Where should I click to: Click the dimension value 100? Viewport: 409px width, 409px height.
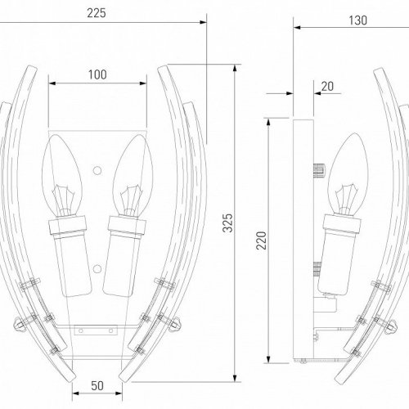coord(97,74)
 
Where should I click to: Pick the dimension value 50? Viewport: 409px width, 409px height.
coord(97,384)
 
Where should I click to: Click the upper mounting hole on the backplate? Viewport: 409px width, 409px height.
coord(97,172)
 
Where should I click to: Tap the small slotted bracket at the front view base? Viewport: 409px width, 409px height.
coord(85,331)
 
